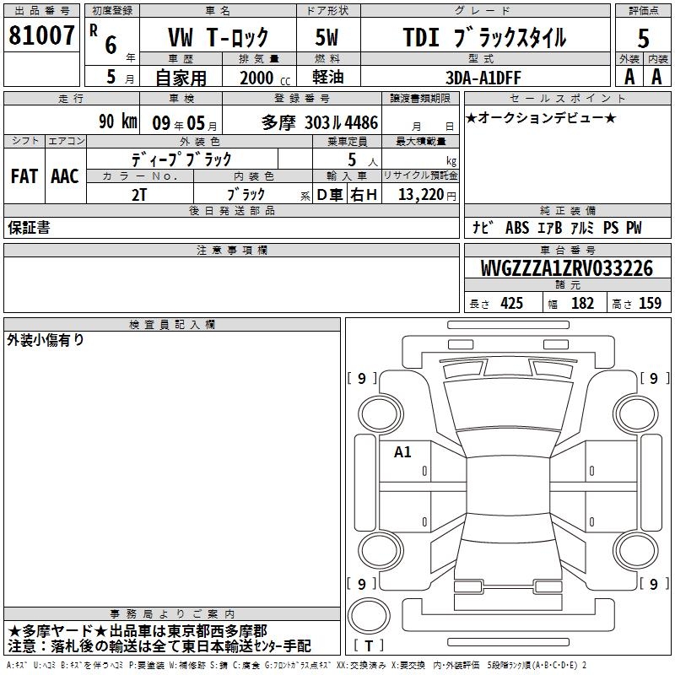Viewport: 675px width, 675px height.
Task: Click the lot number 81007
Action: (x=41, y=35)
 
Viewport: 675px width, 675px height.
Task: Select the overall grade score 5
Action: (x=643, y=39)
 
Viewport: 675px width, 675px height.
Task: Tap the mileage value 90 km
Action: (x=118, y=121)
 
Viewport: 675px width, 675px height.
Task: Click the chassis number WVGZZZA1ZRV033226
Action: (x=566, y=268)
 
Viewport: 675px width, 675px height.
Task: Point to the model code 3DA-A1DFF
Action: (x=483, y=78)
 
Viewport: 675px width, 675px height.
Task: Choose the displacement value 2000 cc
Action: (x=265, y=78)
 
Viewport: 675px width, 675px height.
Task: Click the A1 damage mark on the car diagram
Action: (x=402, y=452)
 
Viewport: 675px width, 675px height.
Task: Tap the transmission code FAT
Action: (x=24, y=176)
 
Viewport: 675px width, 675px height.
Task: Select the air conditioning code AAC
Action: (x=65, y=176)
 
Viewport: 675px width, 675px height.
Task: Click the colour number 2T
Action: (x=139, y=195)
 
